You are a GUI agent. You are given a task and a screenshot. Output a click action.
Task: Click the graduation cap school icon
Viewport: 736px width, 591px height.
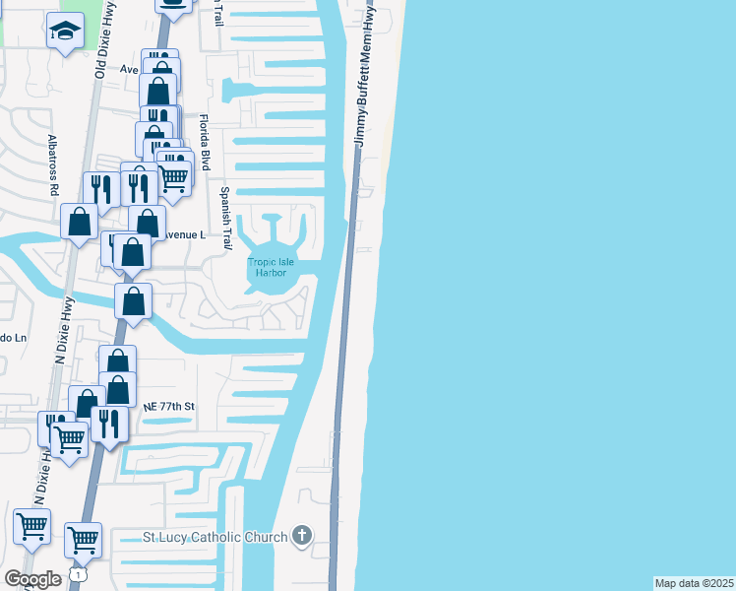click(x=65, y=32)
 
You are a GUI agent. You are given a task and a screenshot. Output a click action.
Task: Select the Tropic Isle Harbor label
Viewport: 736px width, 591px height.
click(x=266, y=267)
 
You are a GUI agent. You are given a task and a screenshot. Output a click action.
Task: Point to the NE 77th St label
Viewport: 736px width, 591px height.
click(x=170, y=406)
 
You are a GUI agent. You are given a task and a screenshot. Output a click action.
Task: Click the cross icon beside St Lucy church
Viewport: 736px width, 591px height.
click(x=302, y=537)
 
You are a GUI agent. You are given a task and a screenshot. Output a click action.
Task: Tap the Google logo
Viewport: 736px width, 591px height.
click(x=33, y=578)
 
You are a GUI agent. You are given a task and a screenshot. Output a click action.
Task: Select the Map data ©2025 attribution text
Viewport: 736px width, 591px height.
click(x=694, y=582)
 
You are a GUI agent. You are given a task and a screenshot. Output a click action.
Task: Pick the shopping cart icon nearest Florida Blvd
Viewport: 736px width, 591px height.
click(x=173, y=177)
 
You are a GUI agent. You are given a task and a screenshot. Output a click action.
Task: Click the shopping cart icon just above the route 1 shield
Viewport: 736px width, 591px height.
click(x=83, y=540)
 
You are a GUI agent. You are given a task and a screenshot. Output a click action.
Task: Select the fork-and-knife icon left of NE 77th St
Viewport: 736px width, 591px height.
click(x=109, y=424)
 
